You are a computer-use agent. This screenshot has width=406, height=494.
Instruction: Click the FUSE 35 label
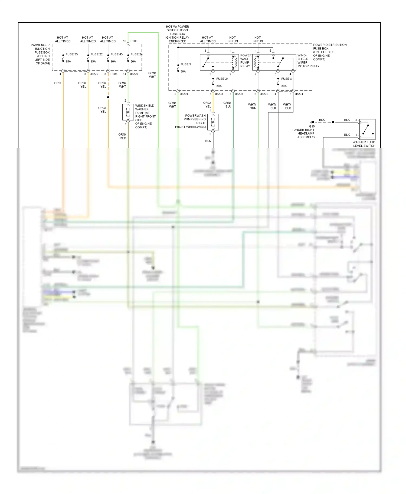pyautogui.click(x=71, y=54)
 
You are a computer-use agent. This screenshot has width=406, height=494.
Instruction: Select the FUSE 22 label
pyautogui.click(x=96, y=54)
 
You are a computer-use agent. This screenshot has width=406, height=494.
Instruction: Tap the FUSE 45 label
pyautogui.click(x=116, y=54)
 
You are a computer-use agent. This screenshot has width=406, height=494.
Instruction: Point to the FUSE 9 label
pyautogui.click(x=186, y=64)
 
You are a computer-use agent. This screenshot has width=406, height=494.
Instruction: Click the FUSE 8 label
pyautogui.click(x=286, y=79)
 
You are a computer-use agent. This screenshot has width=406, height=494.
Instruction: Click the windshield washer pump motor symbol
pyautogui.click(x=128, y=112)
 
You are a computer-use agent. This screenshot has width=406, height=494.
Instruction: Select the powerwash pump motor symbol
pyautogui.click(x=213, y=122)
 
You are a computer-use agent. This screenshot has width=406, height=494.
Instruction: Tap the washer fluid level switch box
pyautogui.click(x=367, y=129)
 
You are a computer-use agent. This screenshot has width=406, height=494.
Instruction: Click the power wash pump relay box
pyautogui.click(x=219, y=62)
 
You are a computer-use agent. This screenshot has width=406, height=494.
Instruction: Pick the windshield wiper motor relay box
pyautogui.click(x=274, y=62)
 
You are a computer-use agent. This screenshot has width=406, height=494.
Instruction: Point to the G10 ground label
pyautogui.click(x=312, y=126)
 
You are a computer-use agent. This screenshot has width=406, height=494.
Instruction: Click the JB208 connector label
pyautogui.click(x=219, y=94)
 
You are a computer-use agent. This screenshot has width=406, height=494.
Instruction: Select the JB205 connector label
pyautogui.click(x=239, y=94)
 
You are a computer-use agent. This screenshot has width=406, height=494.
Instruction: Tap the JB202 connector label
pyautogui.click(x=264, y=94)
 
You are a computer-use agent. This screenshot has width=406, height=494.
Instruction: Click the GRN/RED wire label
pyautogui.click(x=122, y=136)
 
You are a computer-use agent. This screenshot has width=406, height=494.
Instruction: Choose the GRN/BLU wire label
pyautogui.click(x=227, y=105)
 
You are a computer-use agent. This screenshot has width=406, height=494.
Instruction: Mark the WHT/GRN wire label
pyautogui.click(x=252, y=106)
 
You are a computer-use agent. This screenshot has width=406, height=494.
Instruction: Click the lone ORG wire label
pyautogui.click(x=58, y=83)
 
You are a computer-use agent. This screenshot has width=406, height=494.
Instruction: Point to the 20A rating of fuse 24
pyautogui.click(x=133, y=62)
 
